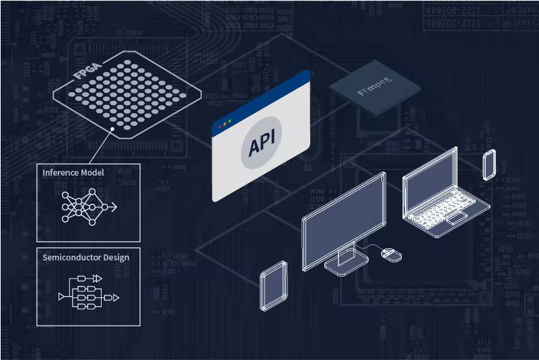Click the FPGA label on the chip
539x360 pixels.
pyautogui.click(x=84, y=72)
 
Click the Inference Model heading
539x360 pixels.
pyautogui.click(x=73, y=173)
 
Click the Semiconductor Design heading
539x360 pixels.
pyautogui.click(x=86, y=257)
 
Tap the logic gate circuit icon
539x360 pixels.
pyautogui.click(x=88, y=293)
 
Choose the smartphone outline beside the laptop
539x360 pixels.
pyautogui.click(x=489, y=165)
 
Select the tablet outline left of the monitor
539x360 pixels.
pyautogui.click(x=274, y=285)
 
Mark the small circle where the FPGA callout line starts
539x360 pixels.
pyautogui.click(x=112, y=128)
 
